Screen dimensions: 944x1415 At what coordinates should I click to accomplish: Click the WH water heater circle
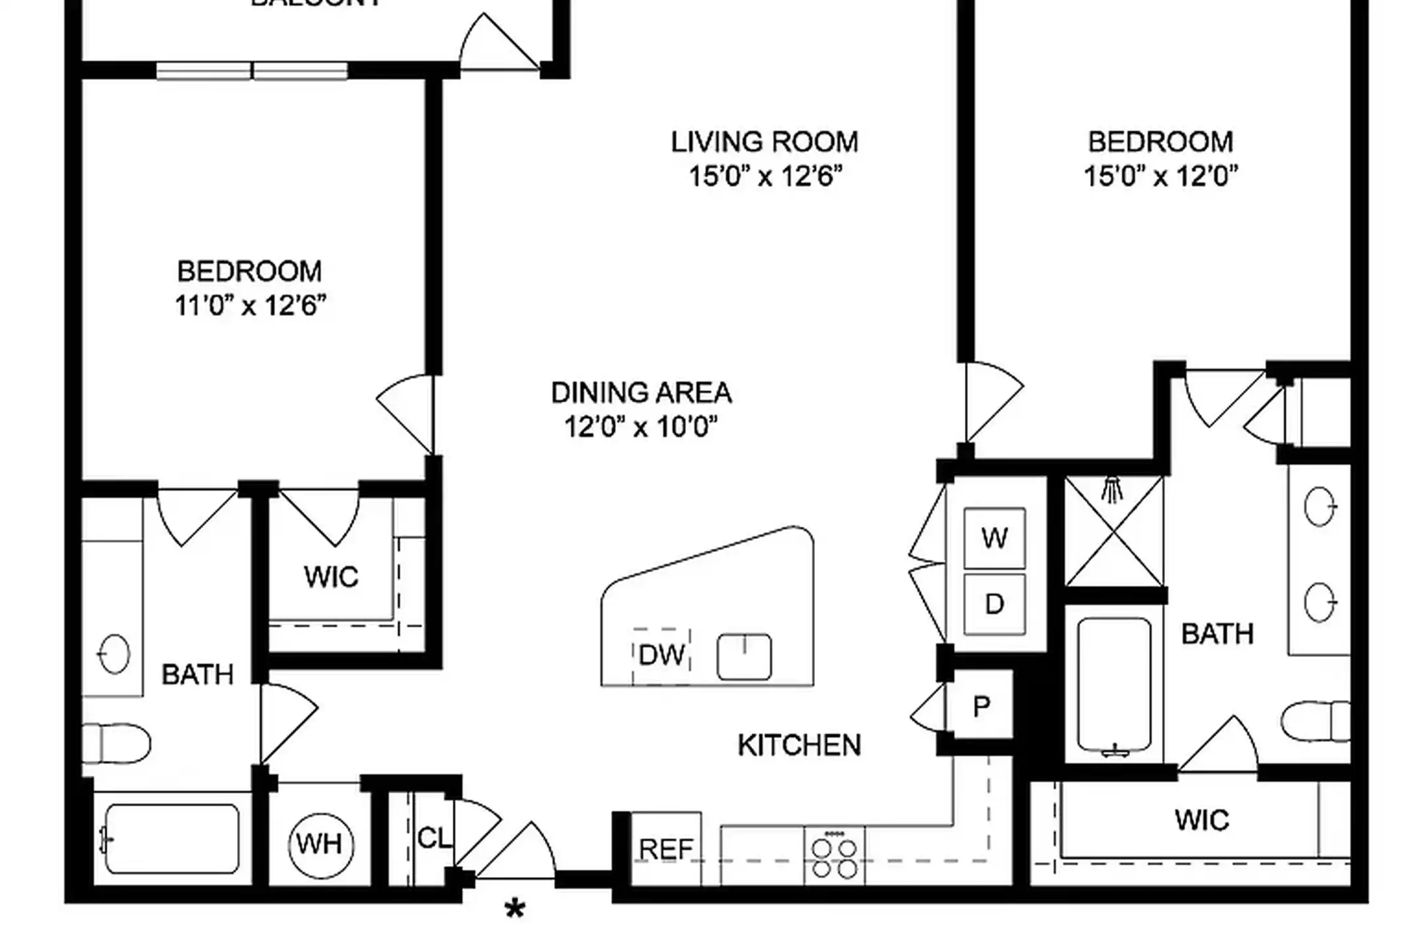coord(320,844)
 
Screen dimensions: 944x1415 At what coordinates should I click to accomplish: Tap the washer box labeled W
coord(994,538)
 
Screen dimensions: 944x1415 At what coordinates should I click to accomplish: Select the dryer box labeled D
coord(994,604)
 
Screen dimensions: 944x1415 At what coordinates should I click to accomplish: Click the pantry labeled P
coord(981,707)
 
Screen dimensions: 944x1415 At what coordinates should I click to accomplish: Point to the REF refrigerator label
coord(666,850)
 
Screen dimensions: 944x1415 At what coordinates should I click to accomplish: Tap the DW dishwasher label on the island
coord(662,655)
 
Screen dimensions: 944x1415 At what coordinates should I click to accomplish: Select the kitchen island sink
coord(744,656)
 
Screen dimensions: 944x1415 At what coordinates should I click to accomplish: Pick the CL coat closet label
coord(434,838)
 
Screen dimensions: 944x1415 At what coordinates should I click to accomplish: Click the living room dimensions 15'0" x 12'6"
coord(765,176)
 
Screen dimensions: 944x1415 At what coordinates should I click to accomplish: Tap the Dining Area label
coord(641,393)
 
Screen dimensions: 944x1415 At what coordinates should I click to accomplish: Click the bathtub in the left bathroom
coord(172,839)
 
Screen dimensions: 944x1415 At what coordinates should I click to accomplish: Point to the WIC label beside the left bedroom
coord(331,577)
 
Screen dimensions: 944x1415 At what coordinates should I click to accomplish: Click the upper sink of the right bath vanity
coord(1319,506)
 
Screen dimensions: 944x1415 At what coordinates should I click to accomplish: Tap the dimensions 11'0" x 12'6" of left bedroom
coord(250,305)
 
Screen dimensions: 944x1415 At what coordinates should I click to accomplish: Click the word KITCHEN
coord(799,745)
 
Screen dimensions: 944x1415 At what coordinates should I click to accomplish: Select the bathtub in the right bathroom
coord(1114,686)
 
